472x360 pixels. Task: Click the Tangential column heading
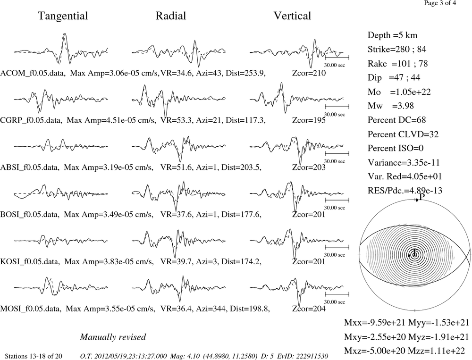coord(63,16)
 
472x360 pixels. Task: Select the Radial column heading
coord(171,16)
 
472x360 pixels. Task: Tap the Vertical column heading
coord(292,16)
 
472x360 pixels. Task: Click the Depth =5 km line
coord(392,35)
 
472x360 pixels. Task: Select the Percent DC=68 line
coord(397,120)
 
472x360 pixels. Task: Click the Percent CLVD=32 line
coord(403,134)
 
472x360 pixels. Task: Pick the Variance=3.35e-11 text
coord(404,162)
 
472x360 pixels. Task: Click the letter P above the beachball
coord(422,197)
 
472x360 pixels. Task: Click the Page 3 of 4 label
coord(440,3)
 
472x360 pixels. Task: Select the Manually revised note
coord(113,337)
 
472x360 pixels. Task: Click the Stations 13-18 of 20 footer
coord(34,356)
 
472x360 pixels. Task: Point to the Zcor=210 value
coord(309,73)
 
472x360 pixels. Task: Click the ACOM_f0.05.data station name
coord(33,73)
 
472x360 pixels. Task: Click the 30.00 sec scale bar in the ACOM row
coord(337,57)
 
